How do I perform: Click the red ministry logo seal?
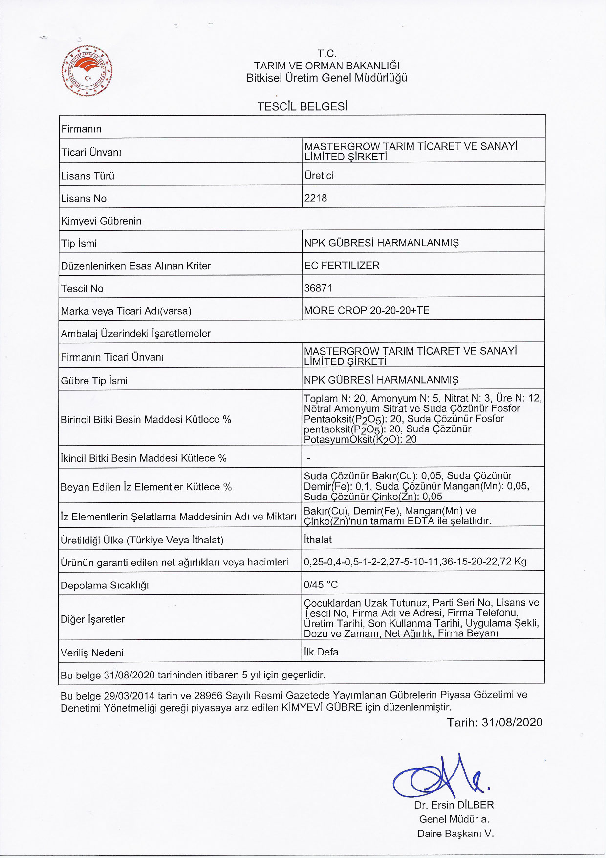pos(87,71)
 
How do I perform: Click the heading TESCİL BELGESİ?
pos(303,106)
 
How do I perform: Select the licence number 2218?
pos(316,198)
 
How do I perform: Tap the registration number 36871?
pos(318,288)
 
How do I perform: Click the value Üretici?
pos(319,176)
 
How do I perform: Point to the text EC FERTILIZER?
pos(342,266)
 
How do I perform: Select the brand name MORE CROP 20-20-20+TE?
pos(367,311)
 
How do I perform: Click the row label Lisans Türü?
pos(87,176)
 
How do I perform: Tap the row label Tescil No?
pos(82,289)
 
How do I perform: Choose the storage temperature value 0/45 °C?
pos(321,585)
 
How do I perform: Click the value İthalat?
pos(318,540)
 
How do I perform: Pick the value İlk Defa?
pos(321,652)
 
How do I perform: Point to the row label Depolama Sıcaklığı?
pos(105,586)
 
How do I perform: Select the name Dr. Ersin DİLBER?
pos(454,805)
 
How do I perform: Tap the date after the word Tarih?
pos(512,723)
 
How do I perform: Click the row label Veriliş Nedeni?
pos(92,653)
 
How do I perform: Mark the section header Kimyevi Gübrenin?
pos(101,221)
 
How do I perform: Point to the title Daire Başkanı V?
pos(455,834)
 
